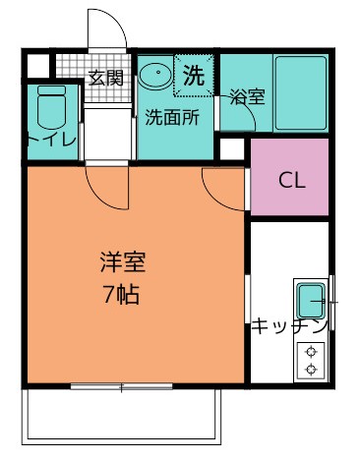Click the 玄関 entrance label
106,78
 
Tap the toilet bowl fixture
51,107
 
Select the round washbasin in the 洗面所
155,74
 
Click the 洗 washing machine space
194,76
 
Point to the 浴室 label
247,96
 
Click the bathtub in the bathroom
301,93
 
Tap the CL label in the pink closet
292,180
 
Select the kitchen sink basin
311,301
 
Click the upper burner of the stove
311,352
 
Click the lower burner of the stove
311,370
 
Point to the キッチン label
290,325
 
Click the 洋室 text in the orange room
123,262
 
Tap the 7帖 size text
121,295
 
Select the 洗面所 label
172,117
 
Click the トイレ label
52,141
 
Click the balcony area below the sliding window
121,416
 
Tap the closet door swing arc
213,197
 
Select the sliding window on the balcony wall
121,386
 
